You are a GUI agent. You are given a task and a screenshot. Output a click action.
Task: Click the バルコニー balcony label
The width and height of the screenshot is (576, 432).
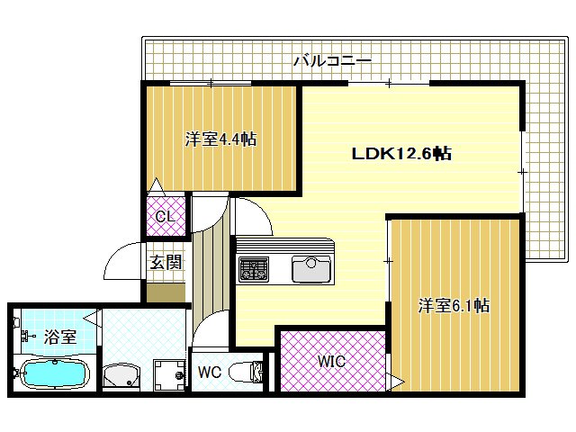coord(332,61)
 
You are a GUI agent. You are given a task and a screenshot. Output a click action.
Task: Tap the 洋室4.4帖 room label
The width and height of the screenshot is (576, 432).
coord(220,139)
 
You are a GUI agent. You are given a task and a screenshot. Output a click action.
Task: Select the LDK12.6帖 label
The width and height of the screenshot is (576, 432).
coord(400,154)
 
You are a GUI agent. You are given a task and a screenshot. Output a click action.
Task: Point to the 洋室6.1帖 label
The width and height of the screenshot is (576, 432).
coord(454,306)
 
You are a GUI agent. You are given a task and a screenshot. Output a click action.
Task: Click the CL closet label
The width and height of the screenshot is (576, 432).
coord(166,217)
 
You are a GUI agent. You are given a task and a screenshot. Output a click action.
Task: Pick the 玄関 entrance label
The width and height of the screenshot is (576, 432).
coord(166,263)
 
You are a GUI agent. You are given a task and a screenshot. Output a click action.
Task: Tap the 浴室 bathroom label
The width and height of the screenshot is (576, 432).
coord(59,337)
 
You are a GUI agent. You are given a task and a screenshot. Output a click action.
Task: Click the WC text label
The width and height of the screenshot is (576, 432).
coord(209,371)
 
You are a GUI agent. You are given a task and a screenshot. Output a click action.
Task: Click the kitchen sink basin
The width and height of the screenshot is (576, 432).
coord(311,267)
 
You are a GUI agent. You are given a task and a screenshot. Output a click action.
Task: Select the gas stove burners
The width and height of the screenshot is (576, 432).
coord(253,267)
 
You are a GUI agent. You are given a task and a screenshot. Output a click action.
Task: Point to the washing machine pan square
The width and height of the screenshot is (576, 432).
coord(167,373)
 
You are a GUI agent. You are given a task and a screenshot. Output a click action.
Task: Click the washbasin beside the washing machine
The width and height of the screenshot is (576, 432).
coord(121,375)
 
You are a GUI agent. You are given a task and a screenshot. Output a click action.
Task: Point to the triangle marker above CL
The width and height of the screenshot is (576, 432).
coord(156,186)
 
